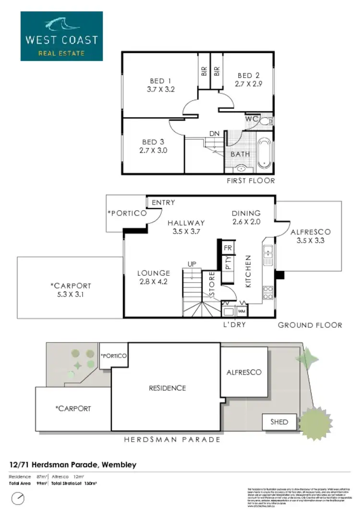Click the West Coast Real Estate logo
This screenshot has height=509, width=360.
[x=61, y=36]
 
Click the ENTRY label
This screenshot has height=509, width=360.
[x=163, y=202]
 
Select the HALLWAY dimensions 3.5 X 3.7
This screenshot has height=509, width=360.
[x=186, y=231]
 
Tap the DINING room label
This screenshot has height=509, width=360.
[x=246, y=213]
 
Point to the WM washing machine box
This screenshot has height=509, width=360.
[x=241, y=310]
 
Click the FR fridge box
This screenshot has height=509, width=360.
[x=228, y=248]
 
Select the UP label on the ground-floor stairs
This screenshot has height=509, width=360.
[x=191, y=264]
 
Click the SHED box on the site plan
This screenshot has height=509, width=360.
[x=279, y=422]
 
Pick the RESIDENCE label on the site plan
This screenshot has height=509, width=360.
[x=167, y=388]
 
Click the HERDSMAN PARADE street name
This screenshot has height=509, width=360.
[x=172, y=439]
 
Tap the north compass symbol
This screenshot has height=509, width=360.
[x=17, y=499]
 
